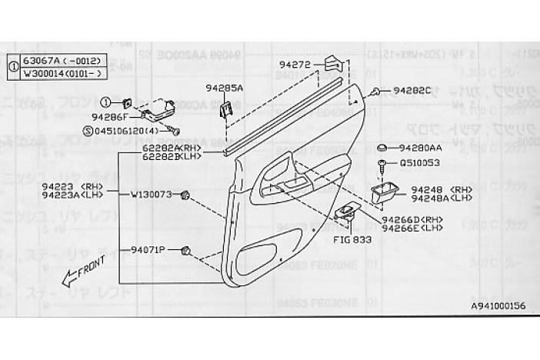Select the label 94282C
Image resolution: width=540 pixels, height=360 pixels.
pyautogui.click(x=414, y=90)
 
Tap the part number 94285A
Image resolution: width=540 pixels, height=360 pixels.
pyautogui.click(x=224, y=88)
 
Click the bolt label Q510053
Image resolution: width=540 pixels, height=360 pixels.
pyautogui.click(x=420, y=162)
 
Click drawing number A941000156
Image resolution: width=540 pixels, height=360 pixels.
pyautogui.click(x=498, y=306)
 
